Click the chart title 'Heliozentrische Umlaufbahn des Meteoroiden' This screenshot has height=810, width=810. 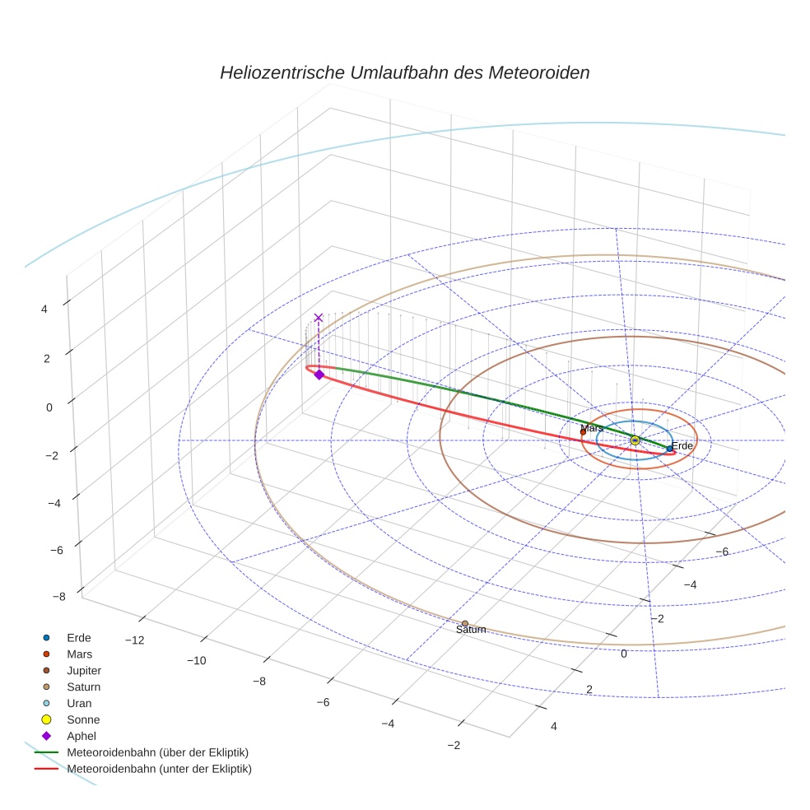click(x=404, y=72)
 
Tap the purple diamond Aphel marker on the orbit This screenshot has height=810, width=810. click(x=319, y=375)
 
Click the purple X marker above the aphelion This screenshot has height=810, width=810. click(x=318, y=318)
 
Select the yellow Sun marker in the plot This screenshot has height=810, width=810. click(x=635, y=440)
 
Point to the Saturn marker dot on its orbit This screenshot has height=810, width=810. click(x=465, y=624)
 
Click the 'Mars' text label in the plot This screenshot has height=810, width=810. click(x=592, y=428)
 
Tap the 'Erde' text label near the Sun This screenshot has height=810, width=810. click(x=682, y=446)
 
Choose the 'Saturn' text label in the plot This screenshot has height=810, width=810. click(x=471, y=630)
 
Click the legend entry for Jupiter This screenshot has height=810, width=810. click(x=84, y=671)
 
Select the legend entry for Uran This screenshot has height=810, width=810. click(x=79, y=704)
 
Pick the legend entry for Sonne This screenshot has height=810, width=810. click(x=82, y=720)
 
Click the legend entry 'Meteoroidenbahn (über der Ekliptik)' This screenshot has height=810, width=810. click(x=157, y=753)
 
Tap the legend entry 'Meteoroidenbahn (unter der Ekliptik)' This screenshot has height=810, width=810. click(x=159, y=770)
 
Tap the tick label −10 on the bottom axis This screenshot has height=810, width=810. click(x=197, y=661)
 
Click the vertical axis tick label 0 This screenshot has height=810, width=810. click(x=49, y=407)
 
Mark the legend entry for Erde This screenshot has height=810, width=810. click(x=78, y=638)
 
